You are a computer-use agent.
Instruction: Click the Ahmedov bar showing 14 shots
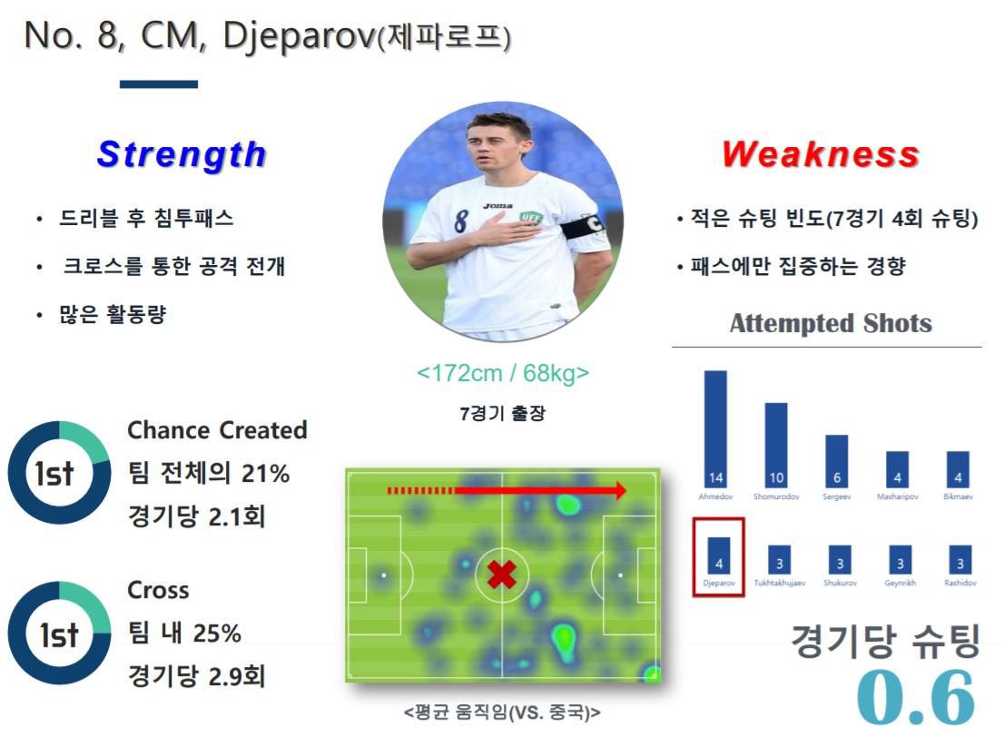pyautogui.click(x=715, y=429)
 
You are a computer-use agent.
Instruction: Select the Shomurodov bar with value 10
pyautogui.click(x=776, y=445)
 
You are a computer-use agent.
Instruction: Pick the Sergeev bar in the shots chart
pyautogui.click(x=836, y=461)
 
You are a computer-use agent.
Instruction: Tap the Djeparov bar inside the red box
pyautogui.click(x=718, y=555)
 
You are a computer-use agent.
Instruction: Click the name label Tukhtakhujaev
pyautogui.click(x=779, y=584)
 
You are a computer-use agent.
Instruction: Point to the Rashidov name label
pyautogui.click(x=960, y=584)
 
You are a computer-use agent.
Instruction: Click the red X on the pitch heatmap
pyautogui.click(x=501, y=574)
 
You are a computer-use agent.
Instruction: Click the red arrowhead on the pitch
pyautogui.click(x=620, y=490)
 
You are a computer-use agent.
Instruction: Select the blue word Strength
pyautogui.click(x=182, y=154)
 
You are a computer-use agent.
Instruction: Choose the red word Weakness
pyautogui.click(x=821, y=154)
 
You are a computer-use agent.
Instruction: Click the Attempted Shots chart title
pyautogui.click(x=831, y=323)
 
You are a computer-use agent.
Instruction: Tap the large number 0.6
pyautogui.click(x=916, y=697)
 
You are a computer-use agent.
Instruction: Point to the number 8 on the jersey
pyautogui.click(x=461, y=221)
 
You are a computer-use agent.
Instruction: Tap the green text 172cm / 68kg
pyautogui.click(x=503, y=373)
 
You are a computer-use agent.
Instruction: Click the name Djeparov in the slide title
pyautogui.click(x=299, y=36)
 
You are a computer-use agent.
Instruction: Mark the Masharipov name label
pyautogui.click(x=897, y=497)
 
